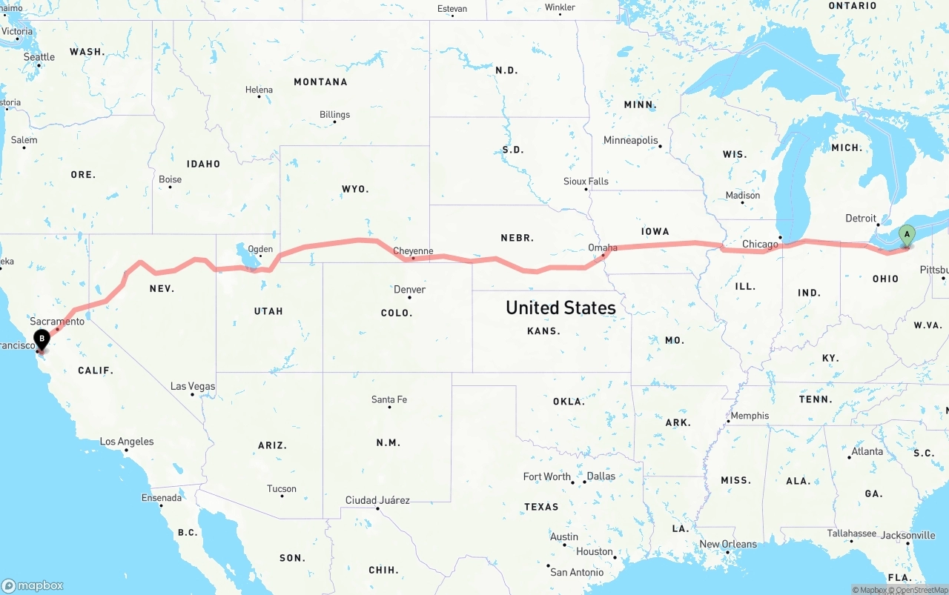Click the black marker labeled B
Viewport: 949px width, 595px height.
pyautogui.click(x=42, y=340)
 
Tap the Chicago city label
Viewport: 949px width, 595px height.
pyautogui.click(x=760, y=244)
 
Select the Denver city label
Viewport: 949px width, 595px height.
pyautogui.click(x=409, y=289)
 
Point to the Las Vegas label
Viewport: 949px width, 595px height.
pyautogui.click(x=193, y=386)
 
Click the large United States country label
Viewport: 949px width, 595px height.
pyautogui.click(x=561, y=308)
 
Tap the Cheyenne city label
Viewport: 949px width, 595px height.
pyautogui.click(x=413, y=251)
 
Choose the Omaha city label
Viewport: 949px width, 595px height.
pyautogui.click(x=602, y=247)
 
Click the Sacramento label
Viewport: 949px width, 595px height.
pyautogui.click(x=57, y=322)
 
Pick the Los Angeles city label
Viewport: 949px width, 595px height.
pyautogui.click(x=127, y=442)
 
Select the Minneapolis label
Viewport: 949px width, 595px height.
pyautogui.click(x=630, y=140)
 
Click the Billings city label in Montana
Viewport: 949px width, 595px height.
pyautogui.click(x=334, y=115)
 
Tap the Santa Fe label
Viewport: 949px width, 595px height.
pyautogui.click(x=388, y=399)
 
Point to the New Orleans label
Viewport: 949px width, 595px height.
pyautogui.click(x=728, y=544)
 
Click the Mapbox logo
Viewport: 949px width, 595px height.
pyautogui.click(x=33, y=585)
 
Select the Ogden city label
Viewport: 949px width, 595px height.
pyautogui.click(x=260, y=250)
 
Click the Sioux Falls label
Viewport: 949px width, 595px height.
pyautogui.click(x=586, y=181)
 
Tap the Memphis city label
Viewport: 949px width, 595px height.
pyautogui.click(x=750, y=416)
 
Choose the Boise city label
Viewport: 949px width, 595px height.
pyautogui.click(x=170, y=179)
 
